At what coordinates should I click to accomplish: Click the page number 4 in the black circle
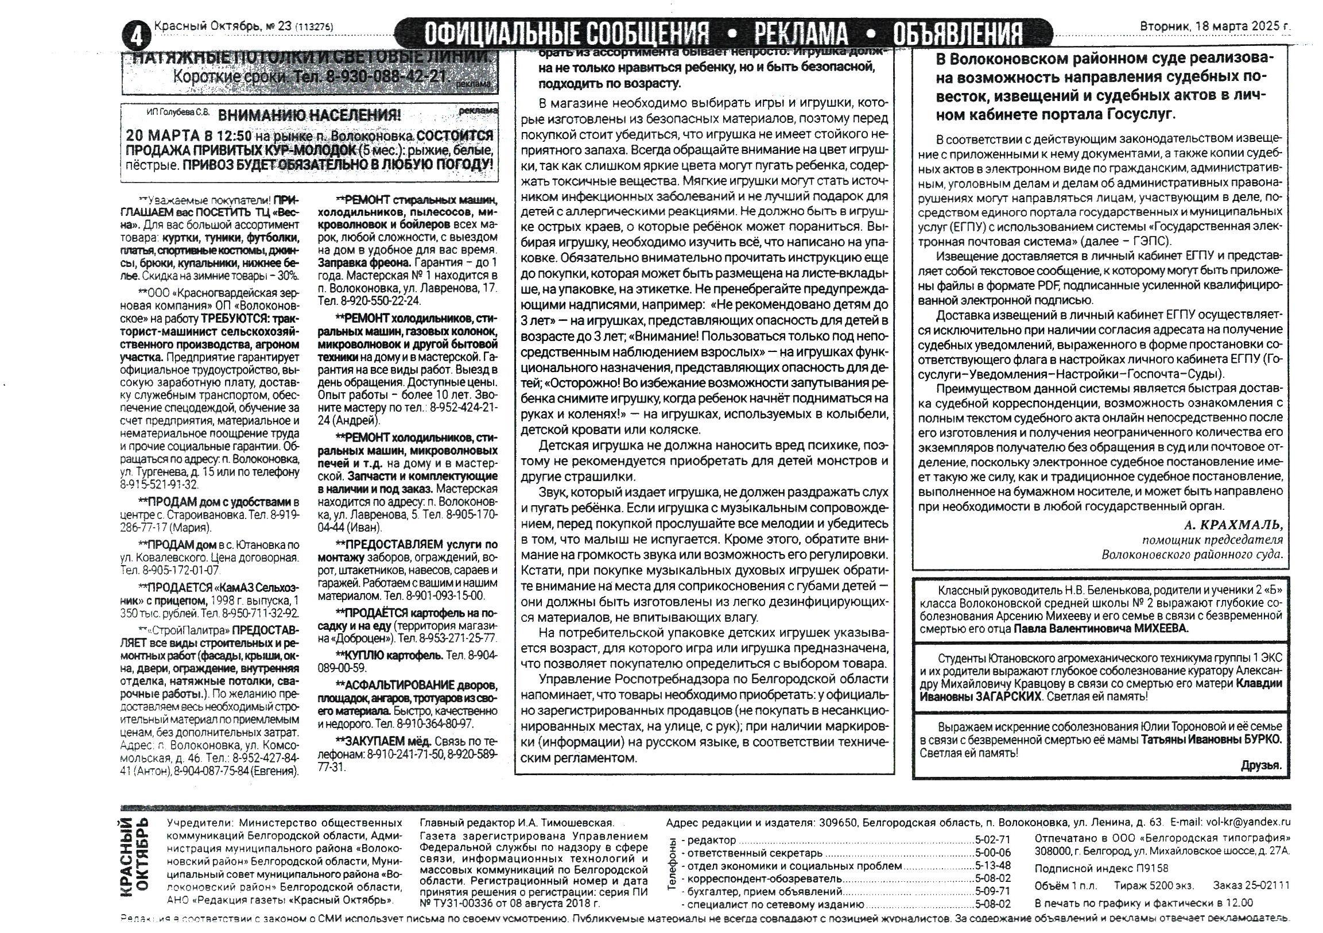[136, 37]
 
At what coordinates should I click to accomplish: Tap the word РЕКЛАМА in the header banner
[801, 34]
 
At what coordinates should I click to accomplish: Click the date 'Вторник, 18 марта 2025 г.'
[1215, 26]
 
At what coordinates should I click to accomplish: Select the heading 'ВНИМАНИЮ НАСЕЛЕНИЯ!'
[310, 115]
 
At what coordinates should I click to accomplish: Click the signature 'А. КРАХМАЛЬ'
[1233, 525]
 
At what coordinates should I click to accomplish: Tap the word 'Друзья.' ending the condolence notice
[1262, 766]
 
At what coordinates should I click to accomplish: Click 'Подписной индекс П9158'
[1101, 869]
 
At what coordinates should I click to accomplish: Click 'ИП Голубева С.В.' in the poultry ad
[178, 113]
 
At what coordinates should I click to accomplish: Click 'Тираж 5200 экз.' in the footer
[1154, 886]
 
